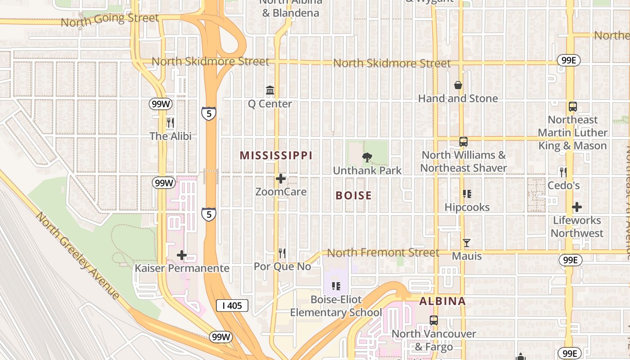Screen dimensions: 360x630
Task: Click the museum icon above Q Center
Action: (x=270, y=90)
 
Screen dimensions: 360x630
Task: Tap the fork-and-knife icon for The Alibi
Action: (x=171, y=122)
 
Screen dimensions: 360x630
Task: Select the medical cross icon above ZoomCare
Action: (x=281, y=179)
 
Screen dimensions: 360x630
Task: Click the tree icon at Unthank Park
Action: (x=367, y=157)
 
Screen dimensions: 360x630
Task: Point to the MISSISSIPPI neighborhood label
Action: (x=276, y=156)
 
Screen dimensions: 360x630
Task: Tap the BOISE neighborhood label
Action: (x=354, y=195)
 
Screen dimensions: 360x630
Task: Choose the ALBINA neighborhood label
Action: (x=442, y=301)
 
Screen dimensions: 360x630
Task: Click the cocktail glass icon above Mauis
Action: (x=467, y=243)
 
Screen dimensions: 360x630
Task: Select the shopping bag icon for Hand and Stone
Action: (x=458, y=85)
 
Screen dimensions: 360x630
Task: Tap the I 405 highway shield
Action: (x=232, y=306)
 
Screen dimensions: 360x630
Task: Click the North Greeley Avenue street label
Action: (x=78, y=255)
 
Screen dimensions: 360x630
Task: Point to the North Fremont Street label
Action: (x=383, y=253)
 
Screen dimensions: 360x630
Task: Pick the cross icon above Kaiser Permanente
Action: (x=182, y=255)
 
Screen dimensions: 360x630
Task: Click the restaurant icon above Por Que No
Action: (x=282, y=253)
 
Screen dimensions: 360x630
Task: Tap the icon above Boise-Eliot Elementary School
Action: (x=336, y=286)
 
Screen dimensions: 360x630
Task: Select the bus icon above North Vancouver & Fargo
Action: (x=434, y=320)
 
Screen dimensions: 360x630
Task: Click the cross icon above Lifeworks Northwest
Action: (x=577, y=207)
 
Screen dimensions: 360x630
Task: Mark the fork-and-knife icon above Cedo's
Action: (x=563, y=171)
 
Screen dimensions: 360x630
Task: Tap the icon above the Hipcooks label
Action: (x=467, y=194)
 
